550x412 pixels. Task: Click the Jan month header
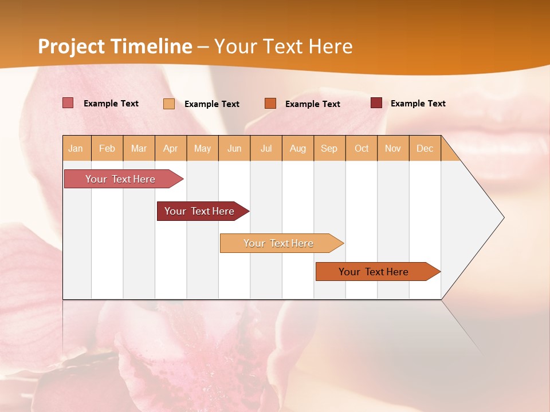click(x=76, y=149)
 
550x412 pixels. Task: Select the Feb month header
click(x=107, y=149)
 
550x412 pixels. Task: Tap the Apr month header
click(x=171, y=149)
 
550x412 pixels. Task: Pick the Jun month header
click(x=234, y=149)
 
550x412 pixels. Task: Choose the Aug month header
click(x=298, y=149)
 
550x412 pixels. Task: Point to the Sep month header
click(x=329, y=149)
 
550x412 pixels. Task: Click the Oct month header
click(x=362, y=149)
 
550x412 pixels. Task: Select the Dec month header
click(x=425, y=149)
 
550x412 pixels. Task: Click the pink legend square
click(x=68, y=103)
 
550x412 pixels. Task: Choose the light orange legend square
click(x=169, y=104)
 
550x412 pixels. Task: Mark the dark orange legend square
click(x=270, y=103)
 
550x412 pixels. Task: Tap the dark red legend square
click(x=376, y=103)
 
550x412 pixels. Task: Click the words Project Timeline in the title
click(x=115, y=46)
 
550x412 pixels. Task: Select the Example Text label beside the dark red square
click(x=418, y=104)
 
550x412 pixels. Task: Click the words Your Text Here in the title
click(x=284, y=46)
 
